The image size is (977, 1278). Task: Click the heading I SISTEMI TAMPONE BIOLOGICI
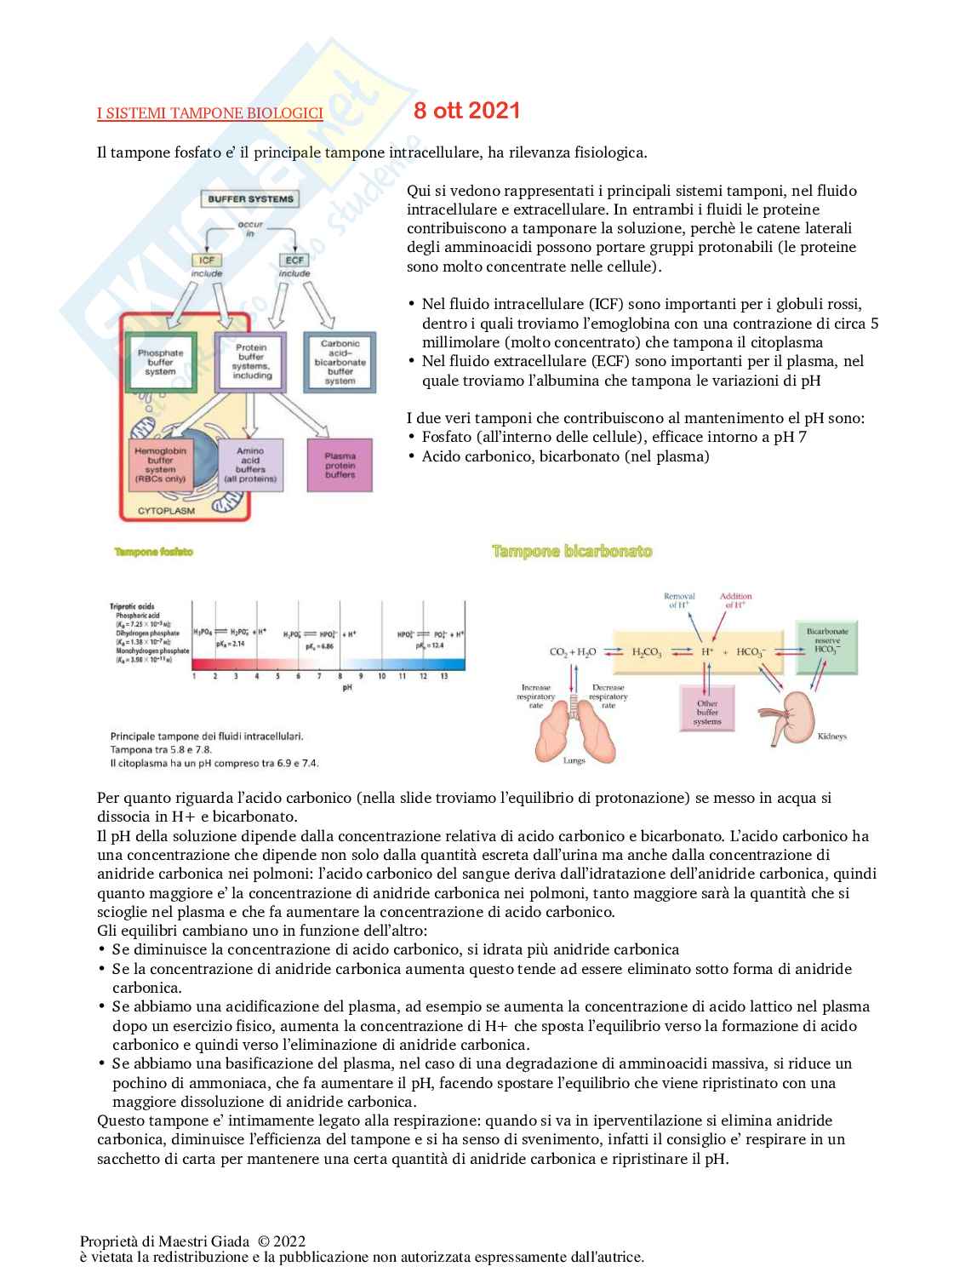[x=209, y=113]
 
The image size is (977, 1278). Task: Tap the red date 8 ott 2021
[x=466, y=111]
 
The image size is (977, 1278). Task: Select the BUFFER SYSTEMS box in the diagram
[x=250, y=199]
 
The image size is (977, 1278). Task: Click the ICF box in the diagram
[x=207, y=260]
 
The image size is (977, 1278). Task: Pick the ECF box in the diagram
[x=294, y=260]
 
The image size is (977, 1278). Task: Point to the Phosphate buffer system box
[x=161, y=362]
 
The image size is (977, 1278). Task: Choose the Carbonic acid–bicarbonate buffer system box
[x=340, y=363]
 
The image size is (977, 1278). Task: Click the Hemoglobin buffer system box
[x=160, y=465]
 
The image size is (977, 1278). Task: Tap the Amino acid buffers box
[x=250, y=465]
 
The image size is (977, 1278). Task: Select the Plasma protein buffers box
[x=340, y=465]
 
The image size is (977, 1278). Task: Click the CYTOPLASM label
[x=166, y=511]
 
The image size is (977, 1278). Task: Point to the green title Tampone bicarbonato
[x=572, y=552]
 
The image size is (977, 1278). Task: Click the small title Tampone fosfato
[x=154, y=552]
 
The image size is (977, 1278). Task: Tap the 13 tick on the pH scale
[x=443, y=676]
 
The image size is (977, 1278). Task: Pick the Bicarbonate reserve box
[x=826, y=648]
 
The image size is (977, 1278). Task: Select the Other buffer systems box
[x=707, y=708]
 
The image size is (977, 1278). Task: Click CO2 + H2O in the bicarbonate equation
[x=573, y=652]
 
